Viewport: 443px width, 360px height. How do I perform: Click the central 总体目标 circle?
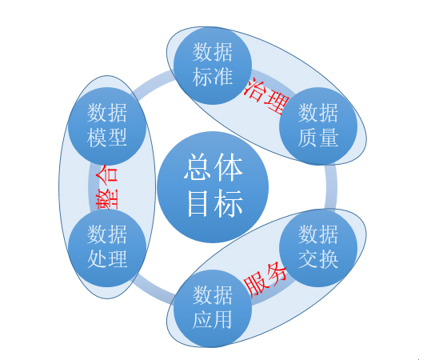[x=213, y=186]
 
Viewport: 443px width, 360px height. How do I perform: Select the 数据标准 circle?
[x=213, y=66]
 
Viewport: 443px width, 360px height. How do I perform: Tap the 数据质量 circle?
[x=318, y=126]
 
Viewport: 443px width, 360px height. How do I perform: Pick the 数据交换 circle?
[x=318, y=248]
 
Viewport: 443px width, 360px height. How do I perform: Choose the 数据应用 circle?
[x=213, y=309]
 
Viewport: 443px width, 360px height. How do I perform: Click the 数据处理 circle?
[x=107, y=248]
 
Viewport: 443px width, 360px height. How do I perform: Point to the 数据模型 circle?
[x=107, y=126]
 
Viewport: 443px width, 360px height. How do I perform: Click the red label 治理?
[x=266, y=96]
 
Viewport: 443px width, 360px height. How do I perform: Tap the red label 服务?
[x=265, y=279]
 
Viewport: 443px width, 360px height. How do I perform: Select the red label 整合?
[x=106, y=187]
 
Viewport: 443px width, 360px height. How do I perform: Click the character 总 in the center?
[x=198, y=166]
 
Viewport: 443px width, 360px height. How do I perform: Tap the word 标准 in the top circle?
[x=213, y=76]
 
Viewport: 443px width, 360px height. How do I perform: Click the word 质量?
[x=318, y=138]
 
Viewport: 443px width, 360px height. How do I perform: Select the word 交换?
[x=318, y=259]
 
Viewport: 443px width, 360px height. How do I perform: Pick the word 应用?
[x=213, y=320]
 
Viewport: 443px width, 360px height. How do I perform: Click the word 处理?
[x=107, y=259]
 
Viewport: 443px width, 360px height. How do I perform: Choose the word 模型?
[x=107, y=138]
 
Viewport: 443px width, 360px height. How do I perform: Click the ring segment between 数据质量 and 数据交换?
[x=331, y=186]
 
